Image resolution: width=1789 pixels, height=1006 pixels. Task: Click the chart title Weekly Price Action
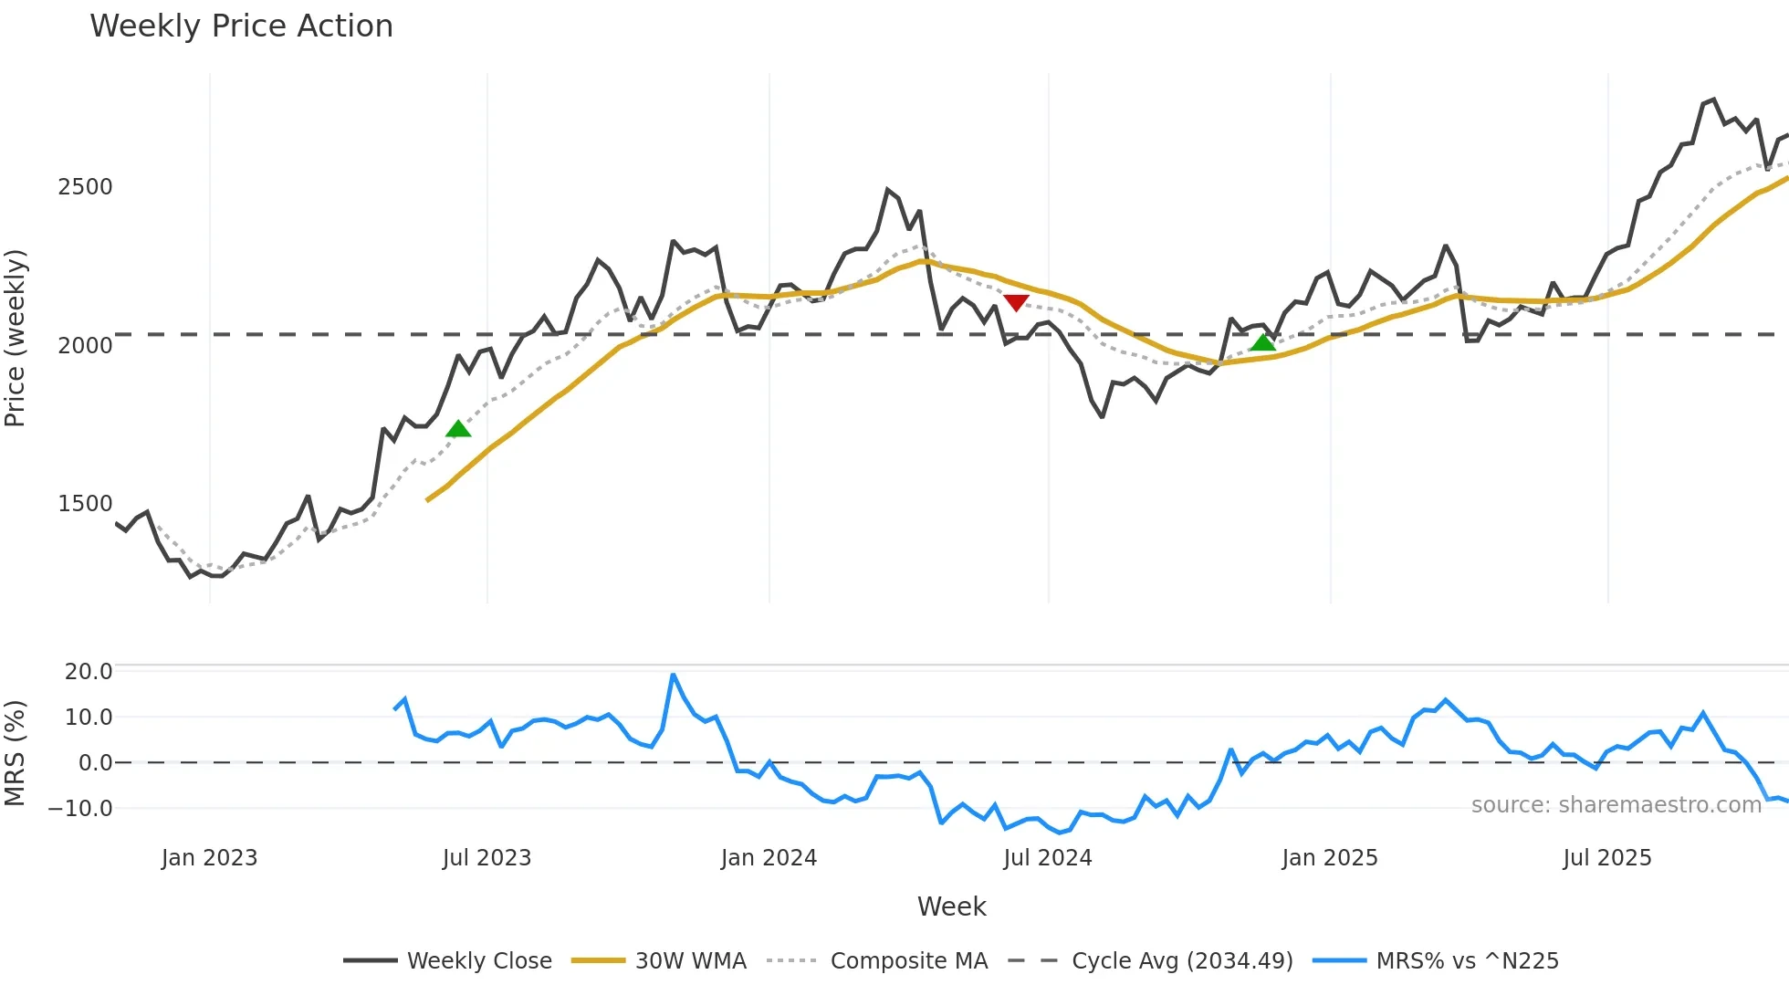241,26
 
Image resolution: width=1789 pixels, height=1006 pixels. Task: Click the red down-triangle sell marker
1016,302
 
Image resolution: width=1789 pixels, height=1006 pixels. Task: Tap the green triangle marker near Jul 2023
458,429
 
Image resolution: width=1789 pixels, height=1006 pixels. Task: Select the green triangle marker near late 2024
1262,342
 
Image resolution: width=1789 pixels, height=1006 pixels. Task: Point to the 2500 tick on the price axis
85,187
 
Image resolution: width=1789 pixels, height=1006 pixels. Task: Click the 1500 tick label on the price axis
85,504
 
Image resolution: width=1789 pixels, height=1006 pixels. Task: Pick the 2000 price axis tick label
85,346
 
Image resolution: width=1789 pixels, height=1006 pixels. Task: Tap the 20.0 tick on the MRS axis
89,672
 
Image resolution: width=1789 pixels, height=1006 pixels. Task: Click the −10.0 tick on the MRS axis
80,809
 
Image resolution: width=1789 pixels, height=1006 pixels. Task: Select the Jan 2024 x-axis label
769,858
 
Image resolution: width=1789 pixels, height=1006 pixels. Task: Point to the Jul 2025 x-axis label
1606,858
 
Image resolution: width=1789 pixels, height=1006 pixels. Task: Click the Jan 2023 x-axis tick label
209,858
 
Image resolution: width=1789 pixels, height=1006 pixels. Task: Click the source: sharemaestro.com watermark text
1616,805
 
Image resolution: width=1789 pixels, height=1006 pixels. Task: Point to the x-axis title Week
951,906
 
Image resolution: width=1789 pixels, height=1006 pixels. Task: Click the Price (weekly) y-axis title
16,338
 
